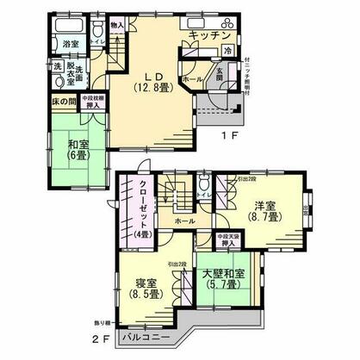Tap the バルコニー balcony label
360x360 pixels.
pos(152,337)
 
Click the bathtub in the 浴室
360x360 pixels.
pos(68,24)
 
